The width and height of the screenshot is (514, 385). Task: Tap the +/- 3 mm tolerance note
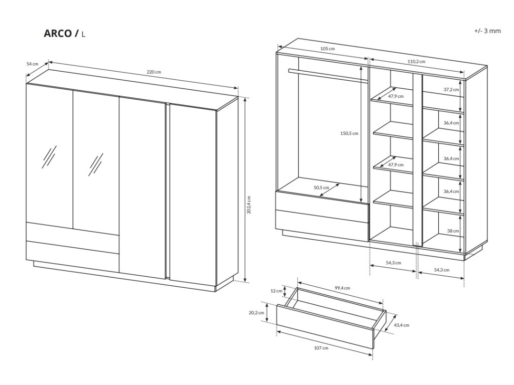pos(487,31)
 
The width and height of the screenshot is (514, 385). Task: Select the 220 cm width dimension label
pos(154,72)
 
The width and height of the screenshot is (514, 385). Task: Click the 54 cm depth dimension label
pos(32,64)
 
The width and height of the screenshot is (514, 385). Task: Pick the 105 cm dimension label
pos(327,49)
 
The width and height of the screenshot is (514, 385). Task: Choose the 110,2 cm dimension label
pos(416,61)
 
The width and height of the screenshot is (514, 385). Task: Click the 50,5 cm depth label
pos(322,188)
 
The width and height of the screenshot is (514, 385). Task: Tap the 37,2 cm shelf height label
pos(451,89)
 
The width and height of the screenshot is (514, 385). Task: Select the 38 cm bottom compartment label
pos(453,231)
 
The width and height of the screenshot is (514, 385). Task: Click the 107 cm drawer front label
pos(321,348)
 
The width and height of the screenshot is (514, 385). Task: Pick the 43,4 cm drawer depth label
pos(402,325)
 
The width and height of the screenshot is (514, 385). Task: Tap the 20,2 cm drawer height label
pos(256,312)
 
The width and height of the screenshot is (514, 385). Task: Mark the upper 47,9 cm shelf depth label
pos(396,96)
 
